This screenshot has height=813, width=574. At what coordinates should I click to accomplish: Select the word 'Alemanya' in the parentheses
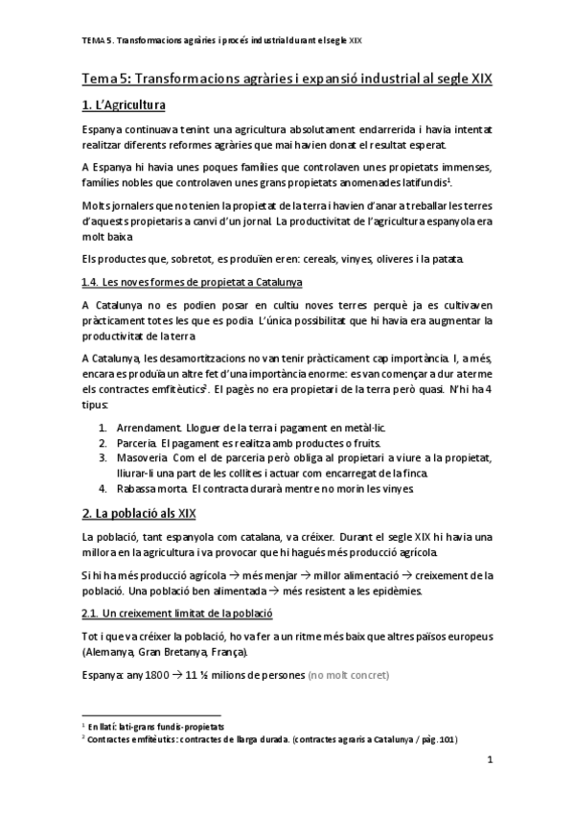coord(111,652)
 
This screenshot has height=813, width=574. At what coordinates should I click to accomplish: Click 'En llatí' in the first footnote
coord(104,727)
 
